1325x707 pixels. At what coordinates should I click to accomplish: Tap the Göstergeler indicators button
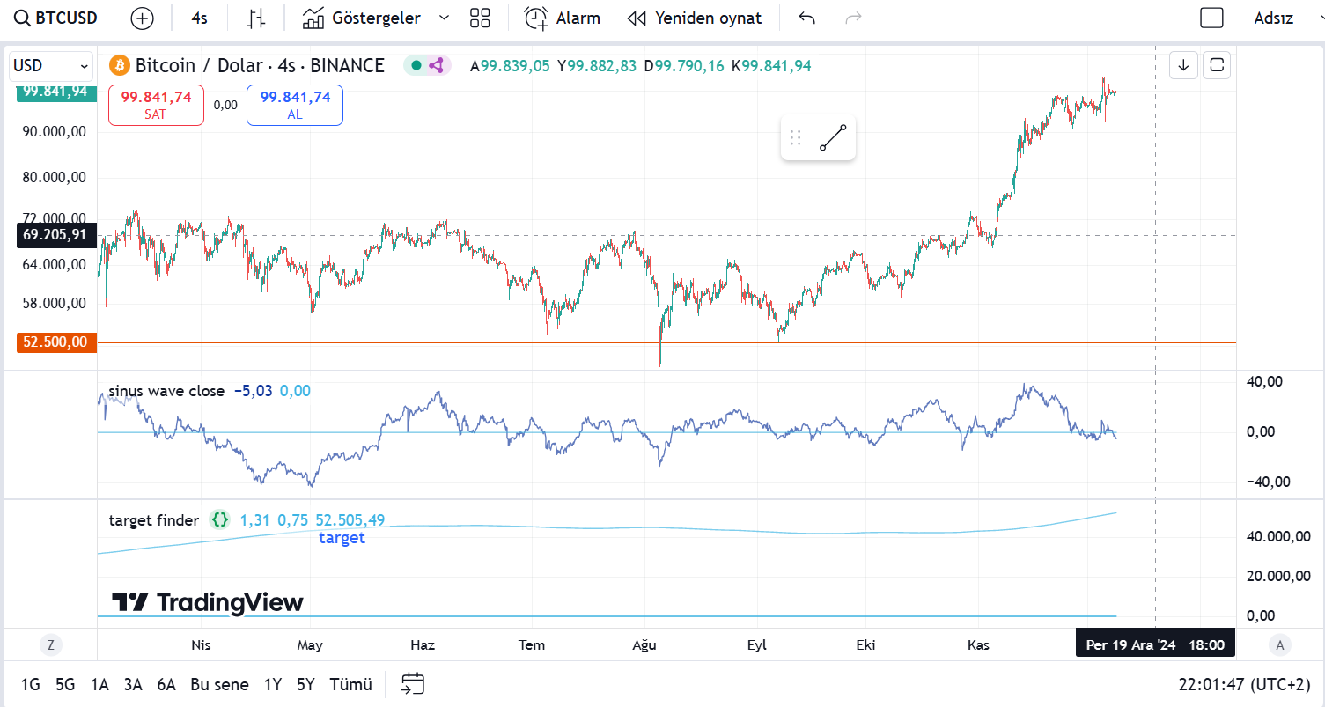point(362,18)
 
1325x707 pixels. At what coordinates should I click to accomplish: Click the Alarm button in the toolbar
point(563,18)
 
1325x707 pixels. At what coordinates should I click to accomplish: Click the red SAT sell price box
point(156,105)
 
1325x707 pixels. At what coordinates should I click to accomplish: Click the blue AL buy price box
point(295,105)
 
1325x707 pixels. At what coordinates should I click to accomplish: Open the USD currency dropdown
point(52,65)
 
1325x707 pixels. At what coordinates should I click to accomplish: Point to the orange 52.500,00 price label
point(55,342)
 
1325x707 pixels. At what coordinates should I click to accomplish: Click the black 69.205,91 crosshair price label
point(55,235)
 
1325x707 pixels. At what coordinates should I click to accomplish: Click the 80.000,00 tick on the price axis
point(55,177)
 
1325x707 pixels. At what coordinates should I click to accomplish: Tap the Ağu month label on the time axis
point(644,644)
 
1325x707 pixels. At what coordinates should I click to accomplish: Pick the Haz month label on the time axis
point(423,644)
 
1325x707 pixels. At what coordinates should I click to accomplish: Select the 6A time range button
point(166,684)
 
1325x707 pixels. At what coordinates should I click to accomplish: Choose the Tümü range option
point(350,684)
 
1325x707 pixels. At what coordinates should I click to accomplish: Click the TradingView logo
point(208,602)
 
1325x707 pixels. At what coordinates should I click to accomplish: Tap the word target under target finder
point(342,538)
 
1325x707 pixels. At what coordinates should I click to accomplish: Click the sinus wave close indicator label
point(166,391)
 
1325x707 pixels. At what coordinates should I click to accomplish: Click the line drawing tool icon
point(833,137)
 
